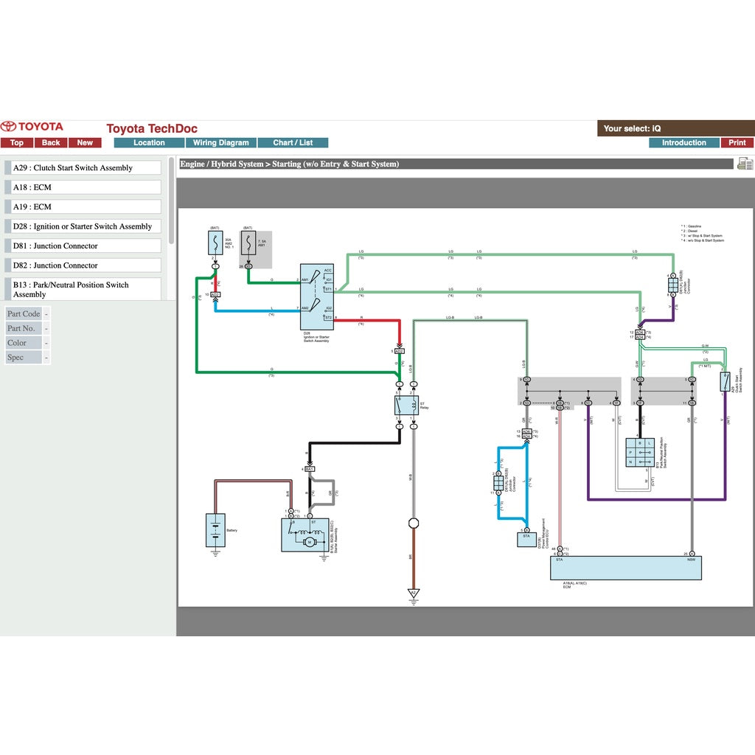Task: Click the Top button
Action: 16,143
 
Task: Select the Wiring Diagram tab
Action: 221,143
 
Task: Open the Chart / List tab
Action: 293,143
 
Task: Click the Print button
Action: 737,143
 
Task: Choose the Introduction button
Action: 683,143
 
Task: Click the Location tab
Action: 149,143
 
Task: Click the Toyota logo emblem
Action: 9,127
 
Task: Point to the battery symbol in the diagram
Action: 215,530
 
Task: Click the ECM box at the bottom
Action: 626,568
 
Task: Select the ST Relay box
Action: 406,405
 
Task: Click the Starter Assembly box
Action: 305,535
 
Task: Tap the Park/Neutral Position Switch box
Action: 640,453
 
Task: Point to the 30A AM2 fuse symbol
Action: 215,242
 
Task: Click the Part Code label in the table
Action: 24,314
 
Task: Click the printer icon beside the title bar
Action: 745,164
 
